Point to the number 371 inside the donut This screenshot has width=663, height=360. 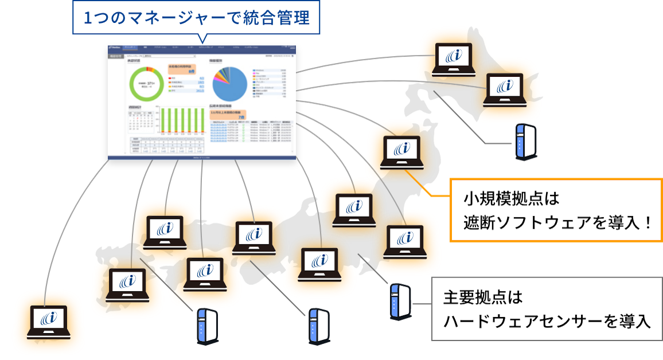point(151,83)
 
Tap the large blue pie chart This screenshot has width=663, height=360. point(229,83)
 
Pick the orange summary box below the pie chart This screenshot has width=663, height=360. point(228,114)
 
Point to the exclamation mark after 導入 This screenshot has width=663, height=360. point(648,222)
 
